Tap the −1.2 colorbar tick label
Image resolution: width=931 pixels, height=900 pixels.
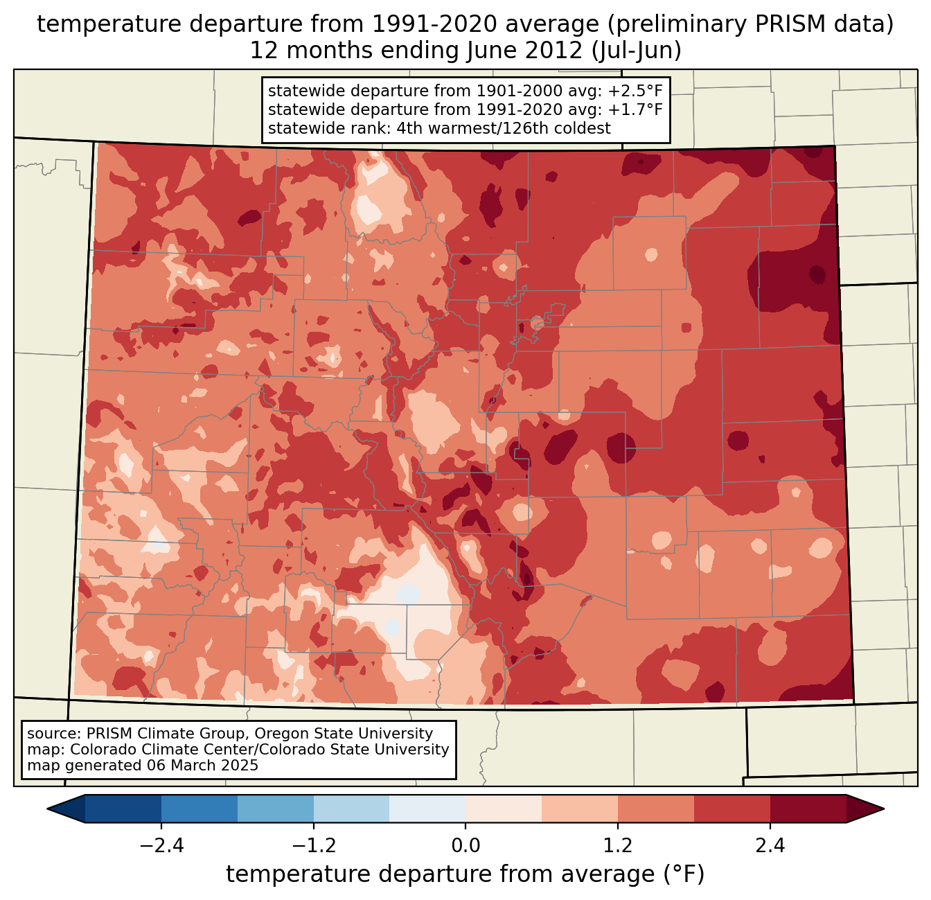coord(313,846)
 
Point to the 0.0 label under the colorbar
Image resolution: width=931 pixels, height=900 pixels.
coord(465,846)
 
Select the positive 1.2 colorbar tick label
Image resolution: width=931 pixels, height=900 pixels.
coord(618,846)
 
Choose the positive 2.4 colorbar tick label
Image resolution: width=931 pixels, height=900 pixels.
coord(770,846)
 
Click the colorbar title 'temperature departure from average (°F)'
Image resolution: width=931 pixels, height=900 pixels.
coord(465,874)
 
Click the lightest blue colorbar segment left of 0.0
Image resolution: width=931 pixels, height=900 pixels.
coord(427,809)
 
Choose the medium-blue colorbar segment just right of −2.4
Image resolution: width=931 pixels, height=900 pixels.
coord(199,809)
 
